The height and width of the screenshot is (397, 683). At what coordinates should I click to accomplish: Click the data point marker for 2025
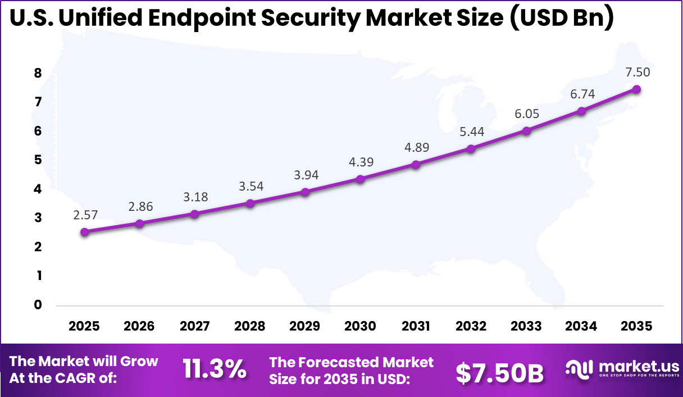(85, 232)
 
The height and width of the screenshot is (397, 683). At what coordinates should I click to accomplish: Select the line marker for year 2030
(360, 179)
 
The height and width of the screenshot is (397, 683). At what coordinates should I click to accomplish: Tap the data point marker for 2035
(636, 89)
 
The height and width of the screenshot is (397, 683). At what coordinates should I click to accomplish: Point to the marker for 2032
(471, 148)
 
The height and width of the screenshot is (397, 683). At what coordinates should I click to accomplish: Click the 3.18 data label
(195, 197)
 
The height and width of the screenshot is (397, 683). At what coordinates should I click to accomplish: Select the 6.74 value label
(582, 94)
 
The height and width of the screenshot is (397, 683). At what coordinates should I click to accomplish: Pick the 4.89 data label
(416, 147)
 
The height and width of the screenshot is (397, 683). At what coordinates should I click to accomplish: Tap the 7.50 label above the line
(638, 72)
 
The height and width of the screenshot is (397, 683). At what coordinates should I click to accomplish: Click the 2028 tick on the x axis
(250, 326)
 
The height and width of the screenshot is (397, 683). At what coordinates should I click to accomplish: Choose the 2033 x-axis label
(526, 326)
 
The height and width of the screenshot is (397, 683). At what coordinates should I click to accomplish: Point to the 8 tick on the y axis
(38, 73)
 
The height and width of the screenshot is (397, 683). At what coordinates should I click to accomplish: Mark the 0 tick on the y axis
(38, 305)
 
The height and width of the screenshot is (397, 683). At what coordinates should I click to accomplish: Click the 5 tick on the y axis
(38, 160)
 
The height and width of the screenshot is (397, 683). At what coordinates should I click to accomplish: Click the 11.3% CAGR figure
(215, 369)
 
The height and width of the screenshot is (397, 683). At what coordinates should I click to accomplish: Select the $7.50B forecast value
(499, 372)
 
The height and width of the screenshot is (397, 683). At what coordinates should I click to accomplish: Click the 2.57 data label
(85, 214)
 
